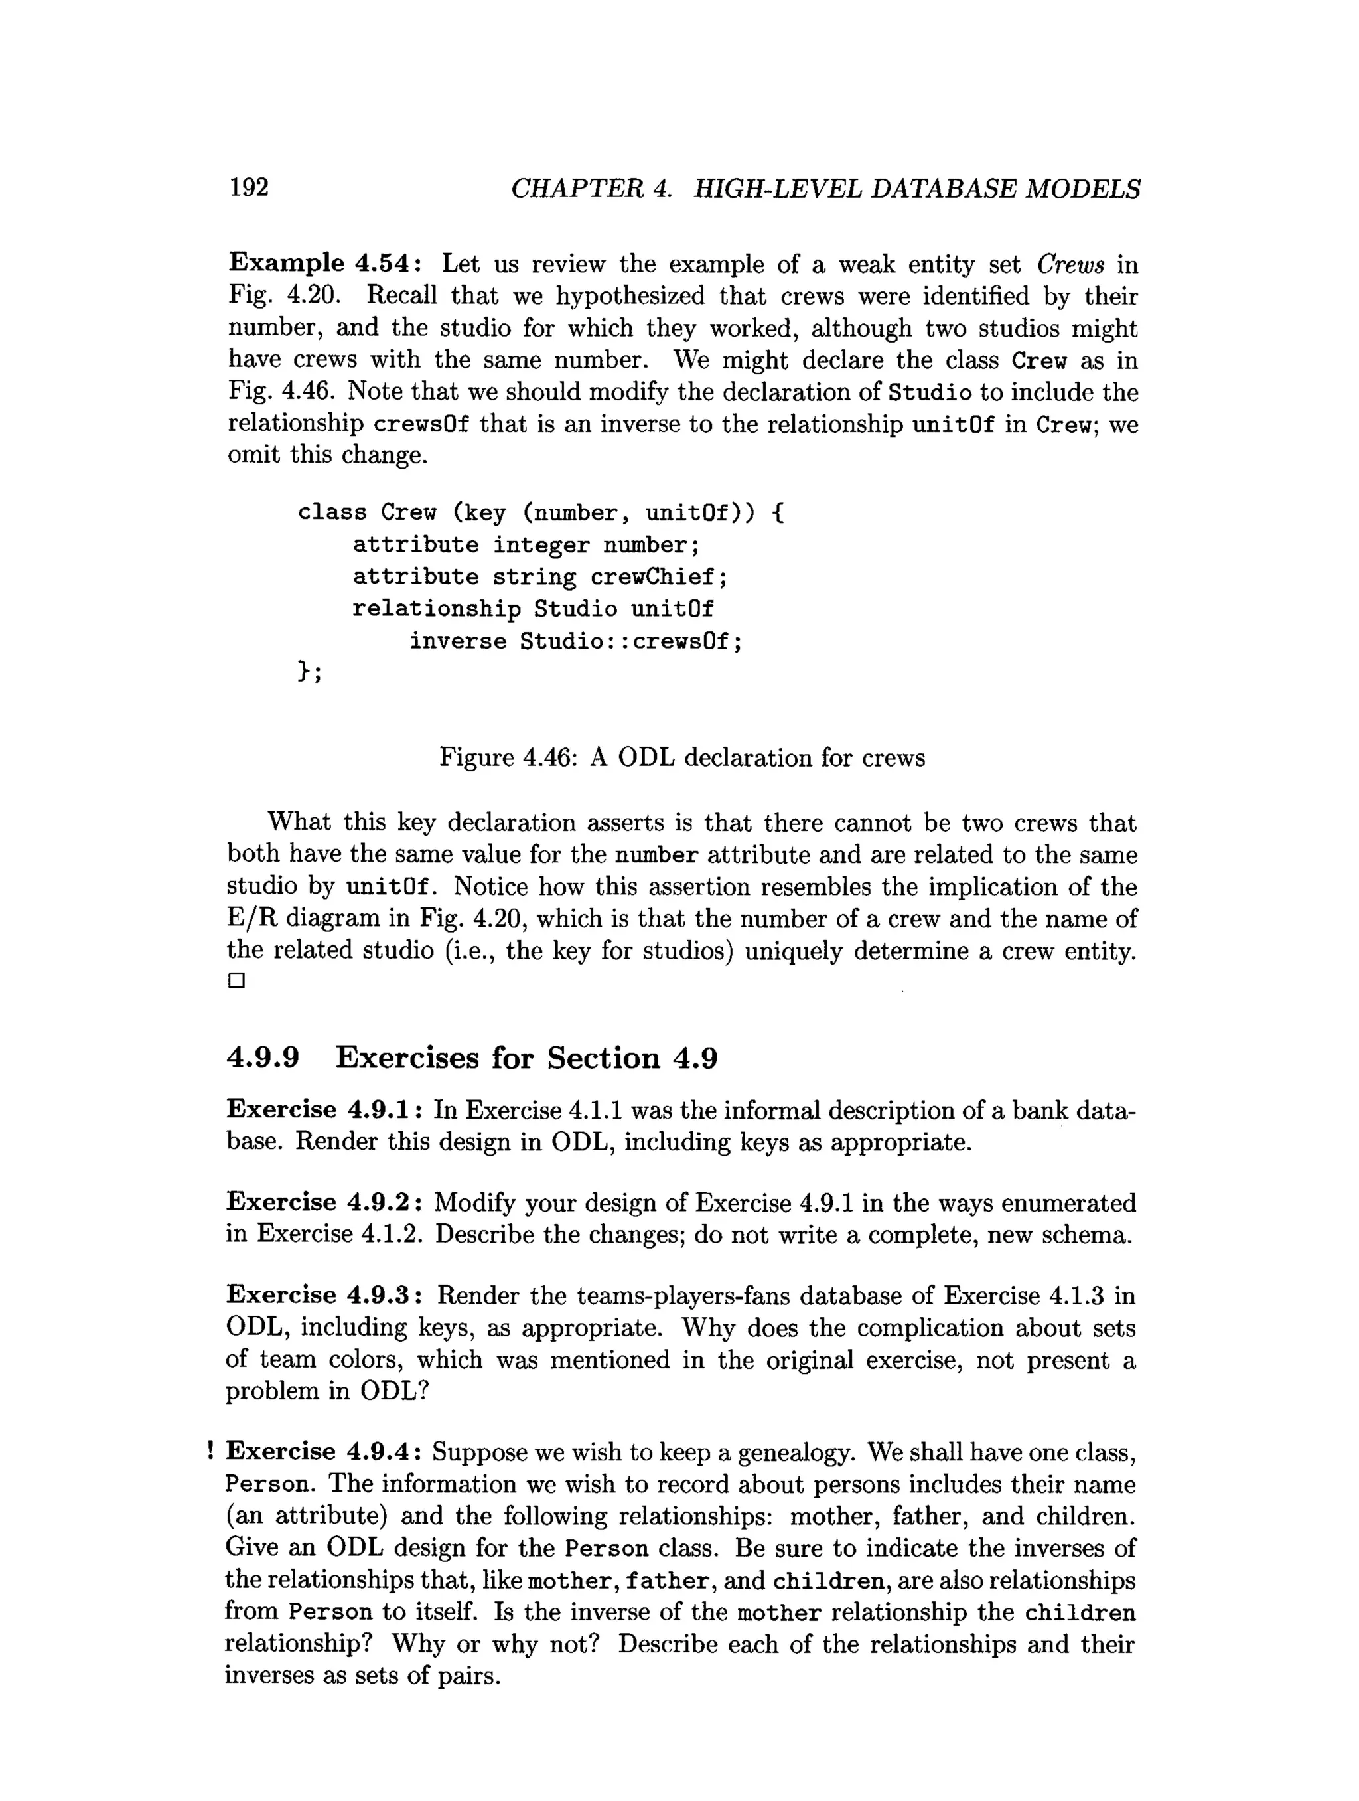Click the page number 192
248,187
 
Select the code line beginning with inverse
575,641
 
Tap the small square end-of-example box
237,980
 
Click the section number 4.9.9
262,1057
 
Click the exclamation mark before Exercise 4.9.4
211,1450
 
